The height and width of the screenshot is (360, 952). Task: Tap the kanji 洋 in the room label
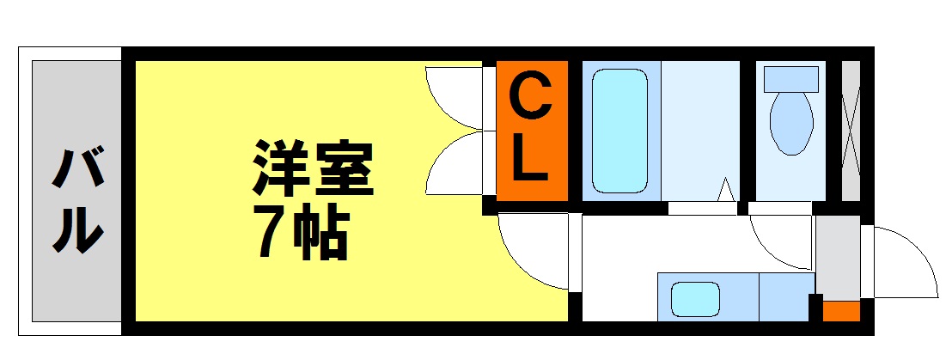(x=280, y=168)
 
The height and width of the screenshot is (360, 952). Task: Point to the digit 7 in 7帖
(x=271, y=234)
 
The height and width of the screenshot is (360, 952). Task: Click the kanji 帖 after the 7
(x=320, y=235)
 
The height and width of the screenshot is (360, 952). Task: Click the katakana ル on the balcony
(x=77, y=229)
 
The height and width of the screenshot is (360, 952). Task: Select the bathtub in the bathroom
(x=619, y=131)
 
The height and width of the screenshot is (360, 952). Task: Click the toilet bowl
(x=791, y=123)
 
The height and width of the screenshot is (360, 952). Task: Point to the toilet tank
(x=791, y=79)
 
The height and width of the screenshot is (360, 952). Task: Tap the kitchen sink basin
(x=695, y=299)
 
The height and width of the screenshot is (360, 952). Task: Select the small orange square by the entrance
(x=841, y=311)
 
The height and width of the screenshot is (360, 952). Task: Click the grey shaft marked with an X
(x=851, y=131)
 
